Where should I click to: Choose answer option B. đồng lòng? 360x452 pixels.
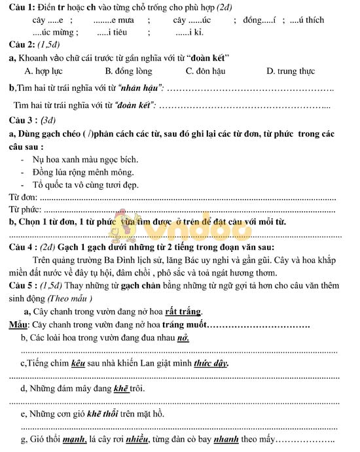pyautogui.click(x=128, y=71)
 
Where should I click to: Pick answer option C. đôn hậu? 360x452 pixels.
pyautogui.click(x=208, y=71)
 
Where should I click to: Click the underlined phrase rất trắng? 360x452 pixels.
pyautogui.click(x=183, y=311)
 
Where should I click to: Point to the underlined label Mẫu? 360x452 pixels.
pyautogui.click(x=17, y=324)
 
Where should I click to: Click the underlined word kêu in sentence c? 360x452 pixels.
pyautogui.click(x=80, y=362)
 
